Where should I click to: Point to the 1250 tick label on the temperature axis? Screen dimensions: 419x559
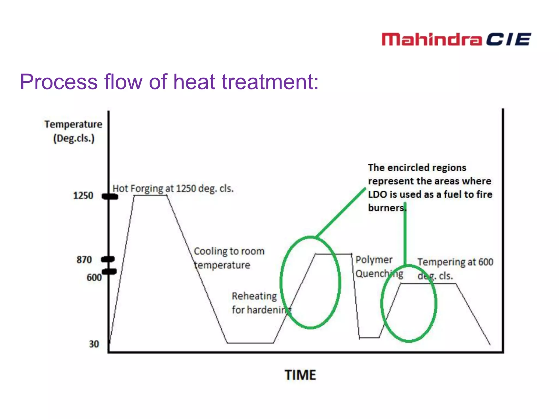pyautogui.click(x=83, y=196)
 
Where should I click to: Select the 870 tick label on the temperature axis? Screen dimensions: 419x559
pyautogui.click(x=84, y=259)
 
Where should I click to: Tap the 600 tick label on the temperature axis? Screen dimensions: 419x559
pyautogui.click(x=94, y=277)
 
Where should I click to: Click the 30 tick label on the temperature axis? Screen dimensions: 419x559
pyautogui.click(x=94, y=344)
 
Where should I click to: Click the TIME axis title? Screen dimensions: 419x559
pyautogui.click(x=300, y=375)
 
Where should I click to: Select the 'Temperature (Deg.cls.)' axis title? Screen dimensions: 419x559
pyautogui.click(x=73, y=131)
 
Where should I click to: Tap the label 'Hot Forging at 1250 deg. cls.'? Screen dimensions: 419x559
pyautogui.click(x=173, y=188)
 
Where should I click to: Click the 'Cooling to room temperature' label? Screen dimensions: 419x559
pyautogui.click(x=229, y=258)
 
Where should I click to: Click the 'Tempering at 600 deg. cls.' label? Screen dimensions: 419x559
pyautogui.click(x=455, y=269)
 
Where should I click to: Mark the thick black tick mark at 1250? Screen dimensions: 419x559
pyautogui.click(x=110, y=196)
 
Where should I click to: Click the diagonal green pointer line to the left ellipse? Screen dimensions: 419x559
pyautogui.click(x=341, y=212)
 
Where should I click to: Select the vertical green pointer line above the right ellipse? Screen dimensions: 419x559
pyautogui.click(x=405, y=235)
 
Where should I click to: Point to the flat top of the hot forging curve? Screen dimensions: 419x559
pyautogui.click(x=150, y=195)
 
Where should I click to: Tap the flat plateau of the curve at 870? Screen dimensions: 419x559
pyautogui.click(x=334, y=254)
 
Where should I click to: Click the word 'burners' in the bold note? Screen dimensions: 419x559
pyautogui.click(x=386, y=208)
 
